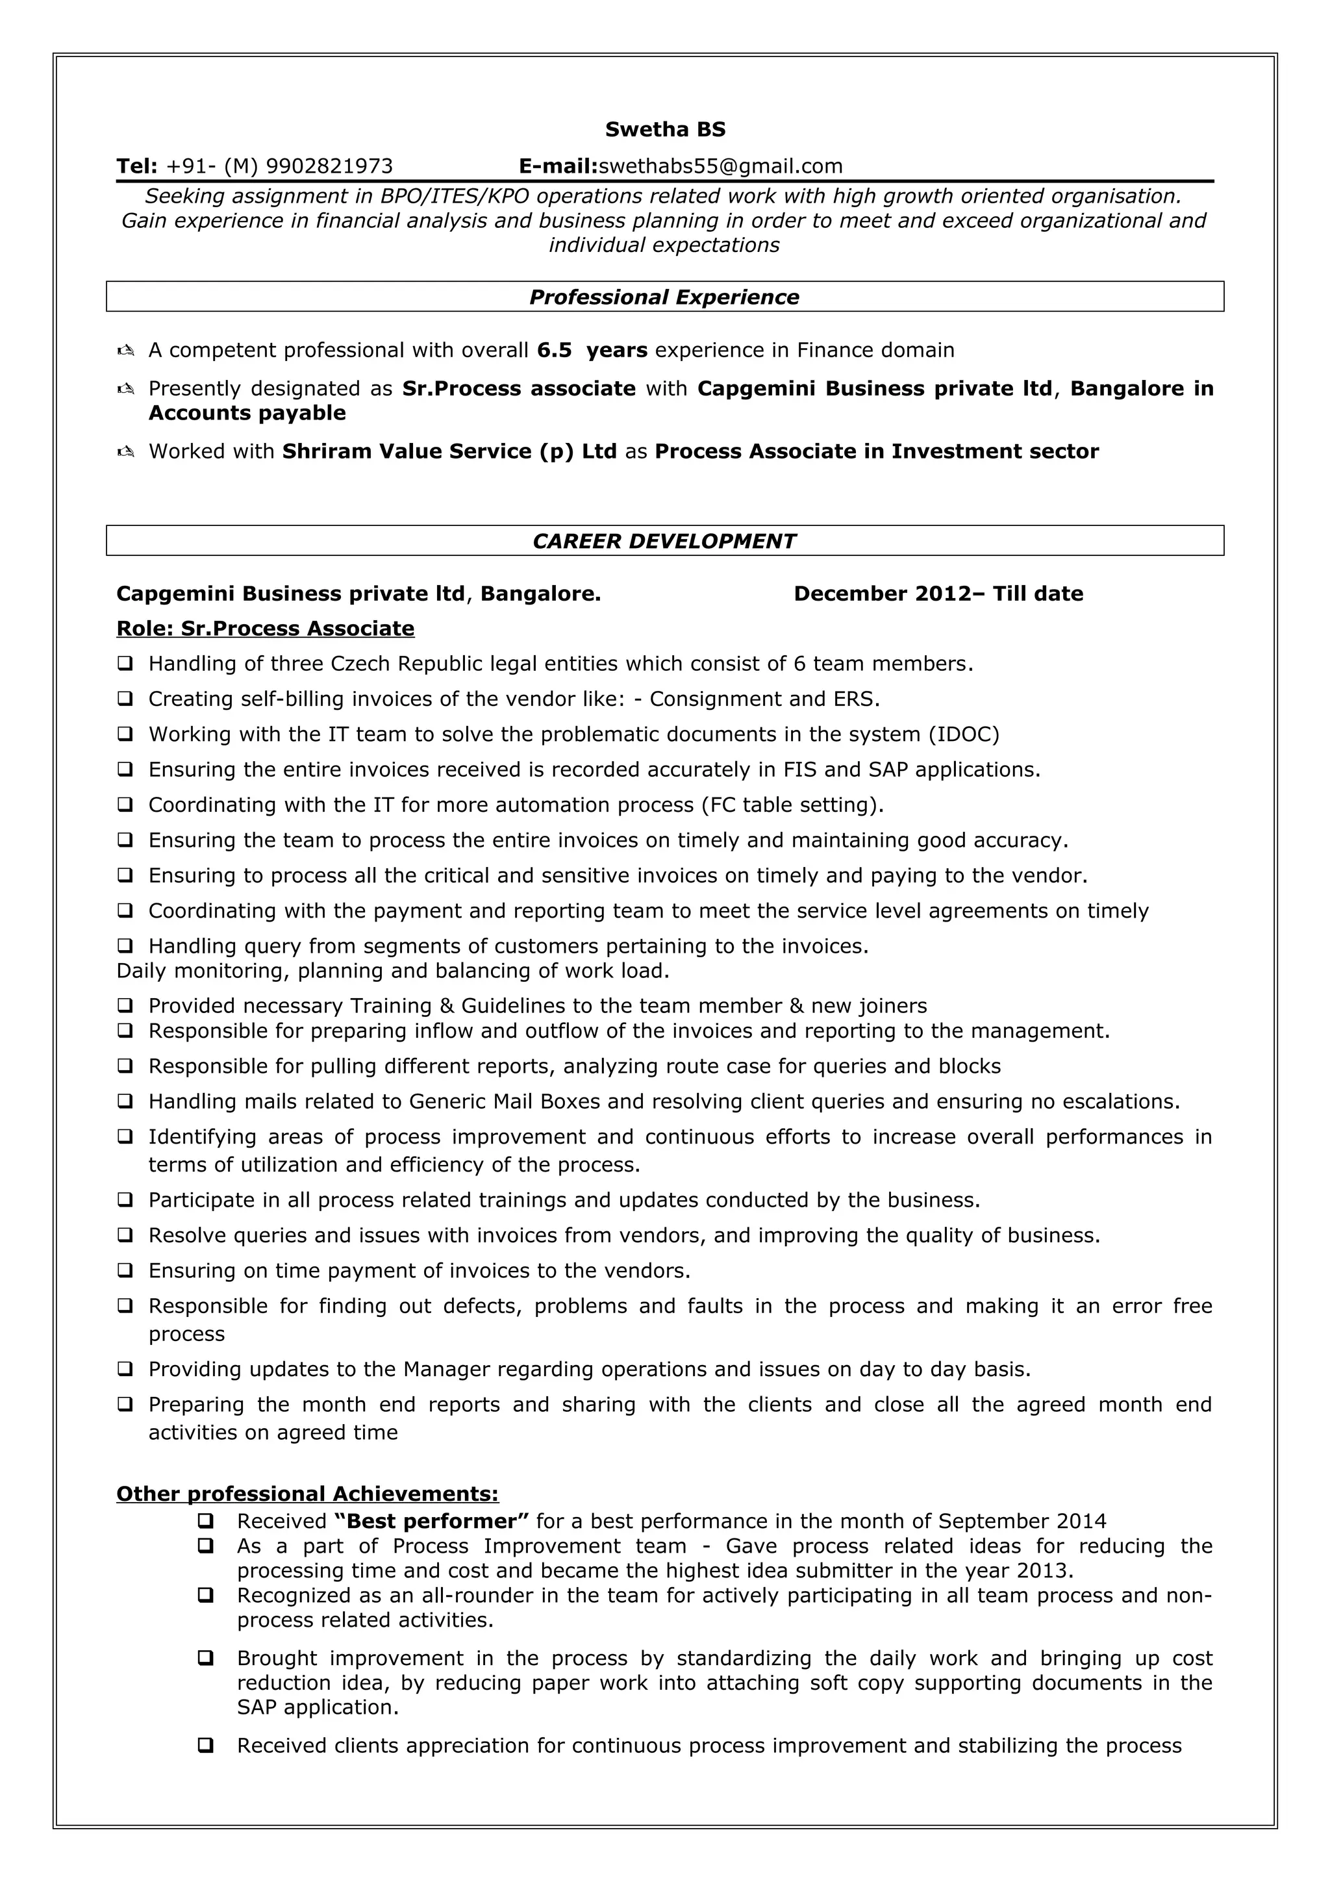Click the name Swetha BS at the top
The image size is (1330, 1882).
click(664, 129)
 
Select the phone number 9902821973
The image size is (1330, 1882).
click(329, 166)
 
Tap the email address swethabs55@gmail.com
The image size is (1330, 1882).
click(720, 166)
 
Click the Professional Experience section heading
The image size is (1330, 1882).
click(664, 297)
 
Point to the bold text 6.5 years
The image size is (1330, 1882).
click(592, 350)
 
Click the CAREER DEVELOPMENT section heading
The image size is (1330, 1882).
click(664, 541)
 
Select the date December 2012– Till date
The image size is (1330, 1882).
click(938, 594)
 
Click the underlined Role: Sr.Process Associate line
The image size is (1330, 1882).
click(265, 629)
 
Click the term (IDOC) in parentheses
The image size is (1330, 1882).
click(964, 734)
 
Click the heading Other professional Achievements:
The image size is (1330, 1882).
click(307, 1494)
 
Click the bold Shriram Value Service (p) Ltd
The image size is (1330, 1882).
click(449, 451)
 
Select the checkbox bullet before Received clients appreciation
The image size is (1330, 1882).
click(206, 1746)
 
